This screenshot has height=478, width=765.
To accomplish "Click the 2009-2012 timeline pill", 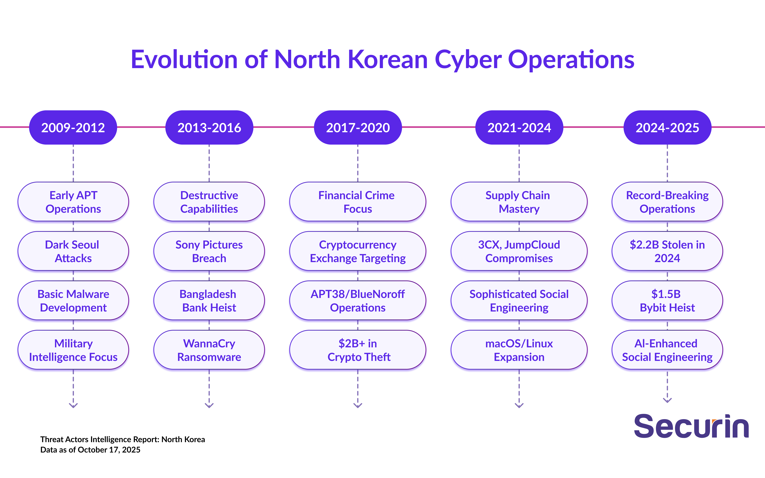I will (73, 127).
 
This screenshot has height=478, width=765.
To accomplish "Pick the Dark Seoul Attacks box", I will (73, 251).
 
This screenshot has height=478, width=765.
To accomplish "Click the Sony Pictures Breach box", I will (209, 251).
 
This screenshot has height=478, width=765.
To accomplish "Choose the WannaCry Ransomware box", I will (209, 350).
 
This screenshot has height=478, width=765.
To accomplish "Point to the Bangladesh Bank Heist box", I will (209, 301).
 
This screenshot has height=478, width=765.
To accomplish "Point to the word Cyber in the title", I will (468, 60).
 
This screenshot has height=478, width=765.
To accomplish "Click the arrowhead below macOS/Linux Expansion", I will (519, 405).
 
